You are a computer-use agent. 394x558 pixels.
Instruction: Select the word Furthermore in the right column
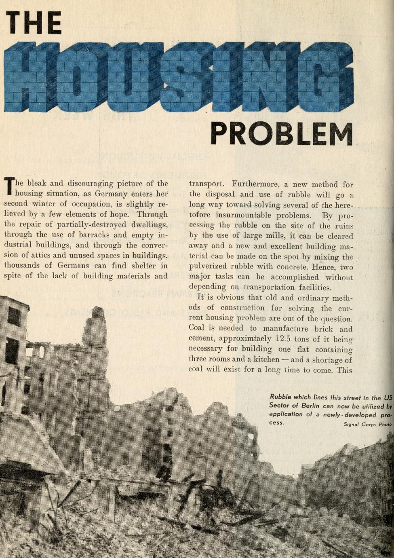(257, 184)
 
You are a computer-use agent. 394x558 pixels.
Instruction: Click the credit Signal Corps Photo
(367, 424)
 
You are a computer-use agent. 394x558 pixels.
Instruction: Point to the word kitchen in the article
(265, 359)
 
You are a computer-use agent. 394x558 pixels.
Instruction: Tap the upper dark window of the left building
(13, 316)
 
